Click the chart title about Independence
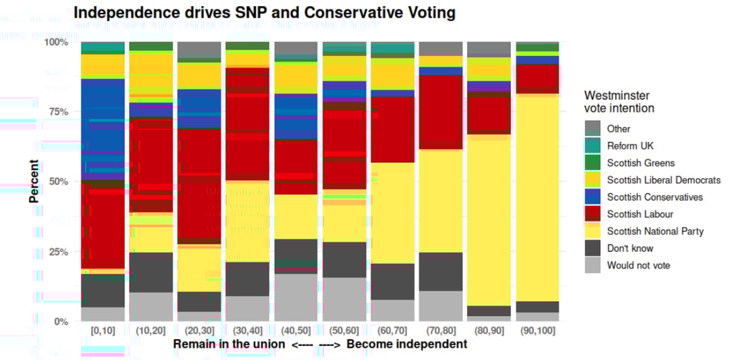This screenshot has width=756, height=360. (264, 12)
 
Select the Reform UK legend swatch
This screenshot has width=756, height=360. (593, 146)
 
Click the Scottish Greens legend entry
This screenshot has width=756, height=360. (641, 163)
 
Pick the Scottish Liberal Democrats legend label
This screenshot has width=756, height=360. (664, 180)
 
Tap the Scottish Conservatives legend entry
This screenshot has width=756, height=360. (655, 197)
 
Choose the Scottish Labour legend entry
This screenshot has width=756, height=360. (640, 214)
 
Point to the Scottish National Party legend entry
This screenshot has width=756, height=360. (655, 231)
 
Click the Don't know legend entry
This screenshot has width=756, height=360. (630, 248)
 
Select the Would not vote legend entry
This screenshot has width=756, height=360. (639, 265)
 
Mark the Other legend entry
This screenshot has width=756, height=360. (618, 129)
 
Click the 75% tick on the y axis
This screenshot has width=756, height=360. (57, 112)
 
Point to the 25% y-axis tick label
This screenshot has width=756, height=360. (57, 252)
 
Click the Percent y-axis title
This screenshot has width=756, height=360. (34, 182)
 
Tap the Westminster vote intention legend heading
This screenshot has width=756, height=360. (619, 102)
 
